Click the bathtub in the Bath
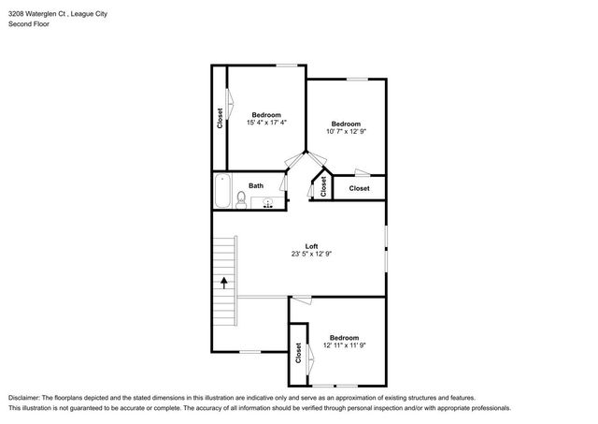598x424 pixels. [221, 193]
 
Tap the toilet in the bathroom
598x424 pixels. [241, 199]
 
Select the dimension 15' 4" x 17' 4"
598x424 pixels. [266, 123]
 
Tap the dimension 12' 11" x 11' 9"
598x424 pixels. [345, 346]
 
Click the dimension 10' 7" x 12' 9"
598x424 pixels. [347, 132]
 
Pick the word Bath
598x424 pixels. [255, 185]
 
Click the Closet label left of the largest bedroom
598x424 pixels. [220, 117]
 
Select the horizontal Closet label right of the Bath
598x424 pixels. [360, 188]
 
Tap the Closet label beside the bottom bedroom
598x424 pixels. [298, 354]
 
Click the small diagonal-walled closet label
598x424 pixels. [323, 186]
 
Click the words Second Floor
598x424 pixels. [29, 23]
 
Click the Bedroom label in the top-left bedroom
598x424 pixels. [266, 114]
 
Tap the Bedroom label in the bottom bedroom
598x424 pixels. [345, 337]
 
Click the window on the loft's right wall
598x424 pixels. [386, 247]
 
